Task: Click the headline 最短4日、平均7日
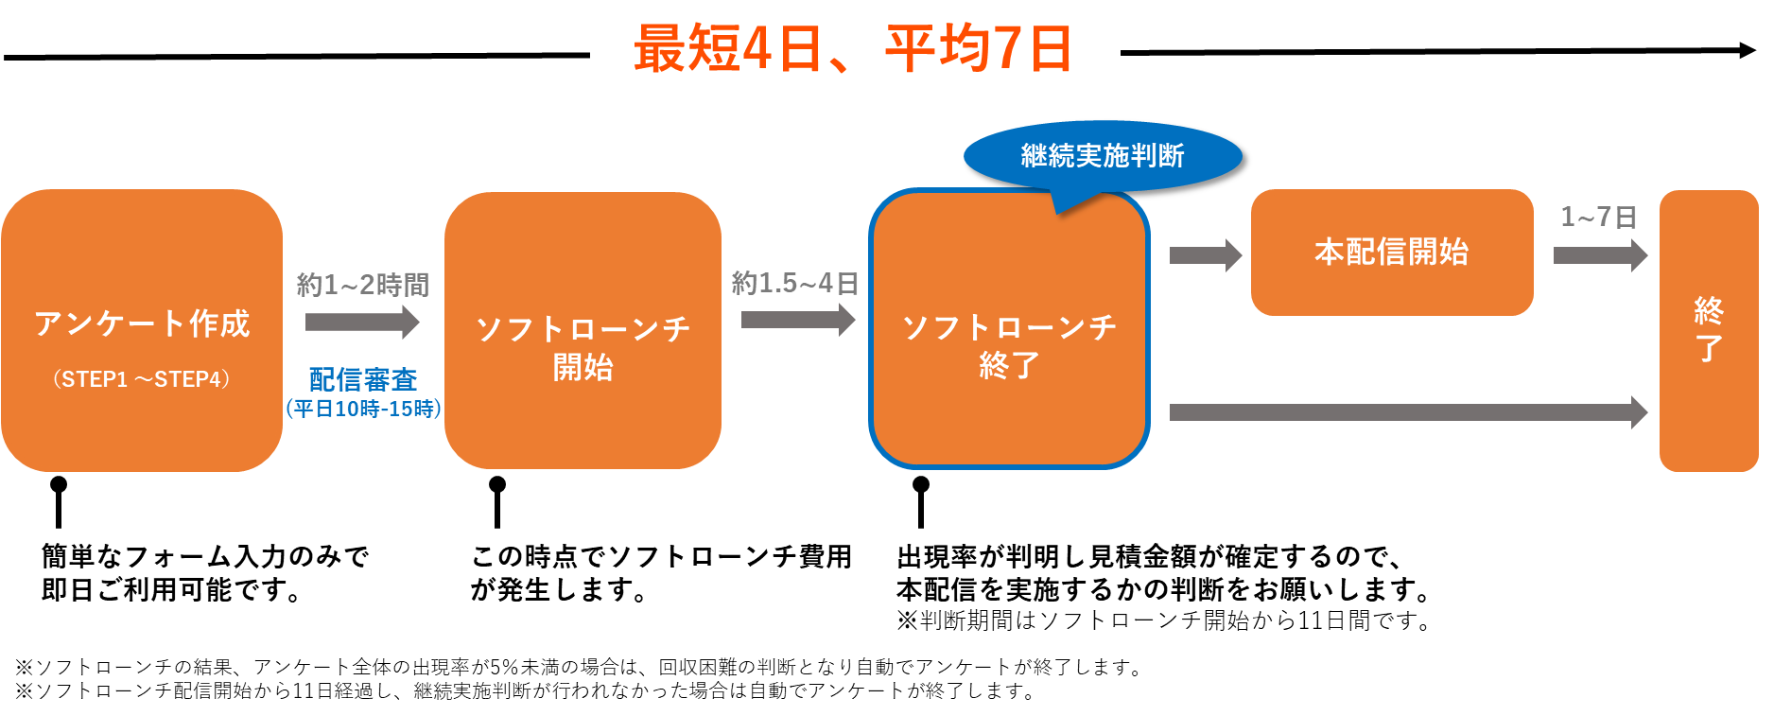(x=854, y=49)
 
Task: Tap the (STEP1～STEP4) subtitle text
(x=142, y=379)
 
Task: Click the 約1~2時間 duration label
(x=363, y=284)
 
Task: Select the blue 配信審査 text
(x=363, y=379)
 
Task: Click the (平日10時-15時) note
(x=363, y=409)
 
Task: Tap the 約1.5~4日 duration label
(x=794, y=283)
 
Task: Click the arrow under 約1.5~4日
(x=797, y=320)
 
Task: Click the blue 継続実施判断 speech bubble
(x=1103, y=155)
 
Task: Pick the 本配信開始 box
(x=1392, y=252)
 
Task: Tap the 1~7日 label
(x=1598, y=218)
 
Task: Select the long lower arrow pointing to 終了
(x=1408, y=412)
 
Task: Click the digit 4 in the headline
(x=757, y=49)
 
